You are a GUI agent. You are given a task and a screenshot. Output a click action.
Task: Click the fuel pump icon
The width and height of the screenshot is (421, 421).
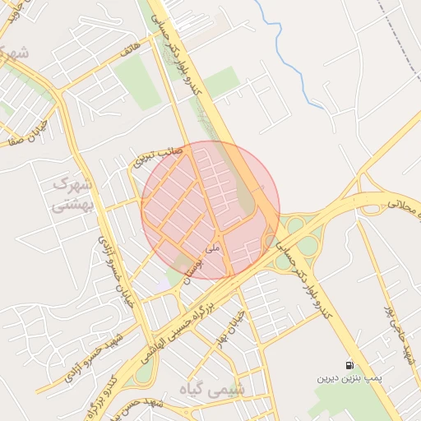pyautogui.click(x=351, y=364)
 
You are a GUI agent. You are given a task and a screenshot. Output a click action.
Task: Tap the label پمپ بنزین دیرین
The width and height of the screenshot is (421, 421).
pyautogui.click(x=350, y=380)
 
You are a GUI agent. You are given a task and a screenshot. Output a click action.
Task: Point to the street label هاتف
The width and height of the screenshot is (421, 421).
pyautogui.click(x=130, y=52)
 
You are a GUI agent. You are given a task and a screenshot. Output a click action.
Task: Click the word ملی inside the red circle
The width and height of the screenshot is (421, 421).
pyautogui.click(x=213, y=244)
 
